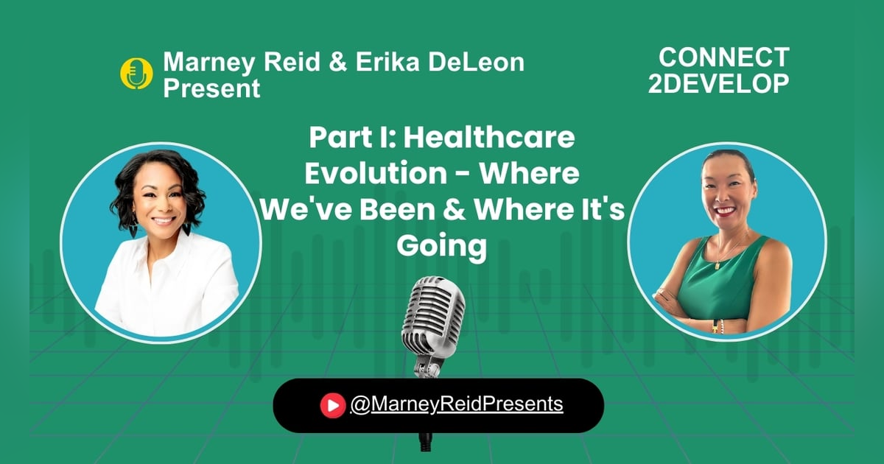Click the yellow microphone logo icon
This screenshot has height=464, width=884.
136,74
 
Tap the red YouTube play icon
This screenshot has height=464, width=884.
333,404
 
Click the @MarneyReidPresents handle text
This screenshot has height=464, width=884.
457,404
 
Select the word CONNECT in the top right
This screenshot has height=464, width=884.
723,57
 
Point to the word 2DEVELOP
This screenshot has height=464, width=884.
718,83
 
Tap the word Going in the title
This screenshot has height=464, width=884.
442,246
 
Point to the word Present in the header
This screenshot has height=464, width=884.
212,88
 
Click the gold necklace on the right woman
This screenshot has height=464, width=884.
726,254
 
